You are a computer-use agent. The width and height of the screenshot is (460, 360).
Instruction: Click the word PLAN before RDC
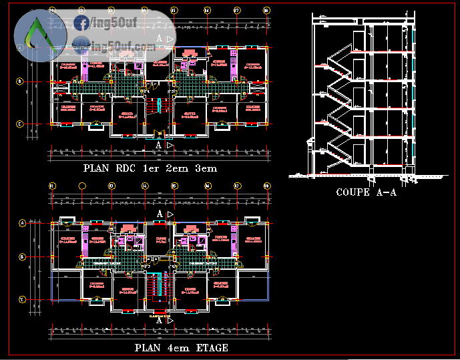click(97, 168)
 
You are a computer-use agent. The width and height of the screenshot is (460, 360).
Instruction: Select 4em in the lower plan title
click(175, 348)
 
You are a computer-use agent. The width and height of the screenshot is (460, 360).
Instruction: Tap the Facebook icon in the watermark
click(82, 24)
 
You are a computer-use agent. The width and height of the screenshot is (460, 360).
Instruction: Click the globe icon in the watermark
click(81, 45)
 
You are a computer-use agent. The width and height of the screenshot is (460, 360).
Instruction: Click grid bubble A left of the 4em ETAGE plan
click(22, 223)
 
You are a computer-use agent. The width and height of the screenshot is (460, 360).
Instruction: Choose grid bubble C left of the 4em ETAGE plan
click(22, 299)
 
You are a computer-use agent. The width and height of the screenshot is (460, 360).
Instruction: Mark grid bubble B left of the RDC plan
click(20, 81)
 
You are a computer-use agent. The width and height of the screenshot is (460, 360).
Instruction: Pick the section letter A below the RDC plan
click(158, 145)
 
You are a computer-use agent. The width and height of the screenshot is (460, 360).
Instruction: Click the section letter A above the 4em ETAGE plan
click(159, 213)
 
